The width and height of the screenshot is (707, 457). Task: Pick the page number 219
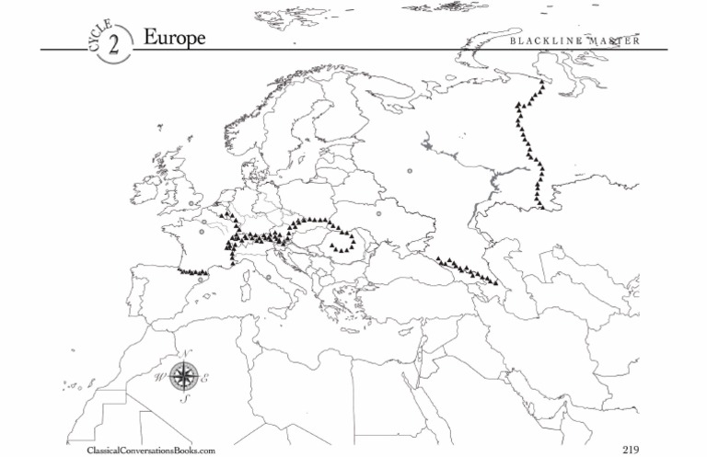point(631,449)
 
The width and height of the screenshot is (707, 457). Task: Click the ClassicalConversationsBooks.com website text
point(149,450)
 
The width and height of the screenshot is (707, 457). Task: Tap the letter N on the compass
point(186,356)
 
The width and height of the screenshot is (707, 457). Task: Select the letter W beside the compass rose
point(160,376)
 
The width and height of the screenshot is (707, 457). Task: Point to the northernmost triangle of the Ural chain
point(544,79)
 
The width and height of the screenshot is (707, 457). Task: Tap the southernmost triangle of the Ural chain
point(542,207)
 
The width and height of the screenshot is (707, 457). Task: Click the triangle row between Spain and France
point(196,271)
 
